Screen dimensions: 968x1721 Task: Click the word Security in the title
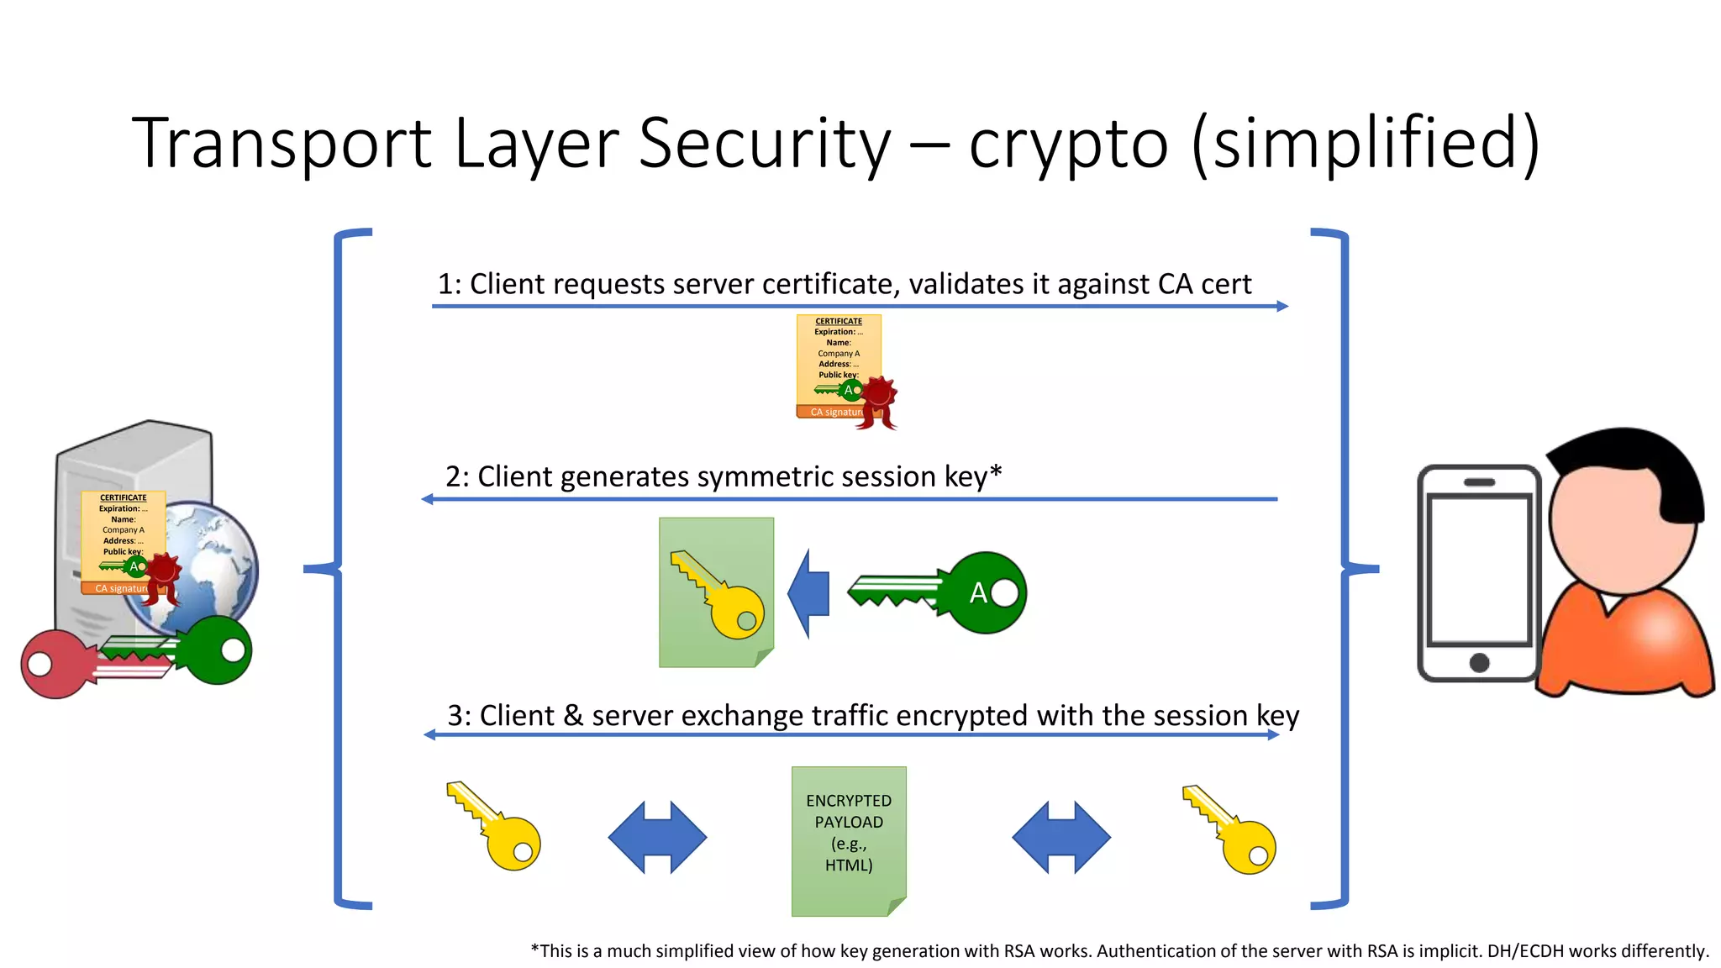(763, 143)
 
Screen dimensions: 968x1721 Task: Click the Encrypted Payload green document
(849, 840)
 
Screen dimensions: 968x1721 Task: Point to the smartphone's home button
(1479, 662)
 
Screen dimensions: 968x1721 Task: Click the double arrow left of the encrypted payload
(657, 837)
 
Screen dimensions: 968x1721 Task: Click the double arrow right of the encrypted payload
(1061, 837)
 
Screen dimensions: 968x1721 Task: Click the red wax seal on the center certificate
(879, 395)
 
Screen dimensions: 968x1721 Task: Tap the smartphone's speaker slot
(1479, 482)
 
